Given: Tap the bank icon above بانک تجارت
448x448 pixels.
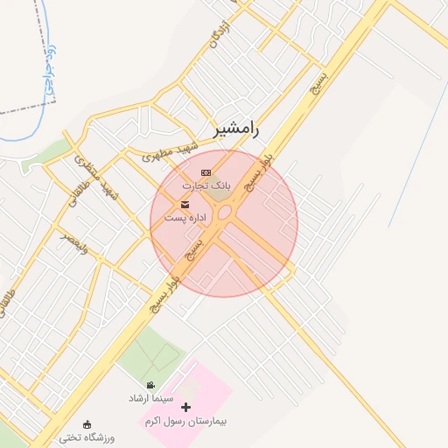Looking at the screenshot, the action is pos(206,172).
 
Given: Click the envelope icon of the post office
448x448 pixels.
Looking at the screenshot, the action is pos(185,204).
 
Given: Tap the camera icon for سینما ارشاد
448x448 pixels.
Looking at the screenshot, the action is pos(151,386).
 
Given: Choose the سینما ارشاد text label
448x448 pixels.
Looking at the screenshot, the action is pos(150,398).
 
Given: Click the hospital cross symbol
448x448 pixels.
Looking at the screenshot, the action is pos(185,407).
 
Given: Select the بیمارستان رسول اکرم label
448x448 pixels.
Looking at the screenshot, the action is pos(185,421).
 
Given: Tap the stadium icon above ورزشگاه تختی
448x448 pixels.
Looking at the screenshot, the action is pos(86,424).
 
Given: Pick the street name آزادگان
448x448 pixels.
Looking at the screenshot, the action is pos(220,31).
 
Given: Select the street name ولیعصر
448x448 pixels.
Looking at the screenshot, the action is pos(74,242).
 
